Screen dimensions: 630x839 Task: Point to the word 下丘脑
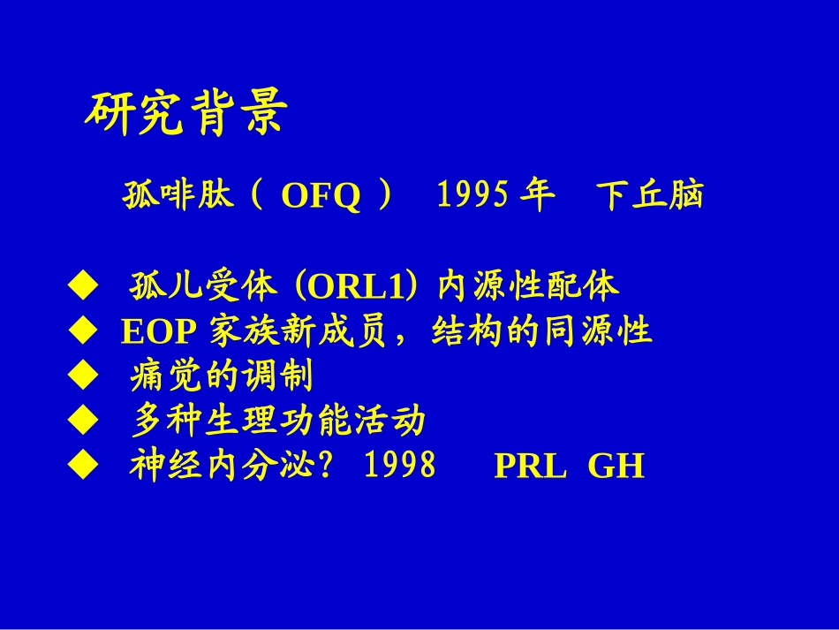[x=649, y=195]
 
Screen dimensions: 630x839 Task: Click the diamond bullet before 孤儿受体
[x=80, y=285]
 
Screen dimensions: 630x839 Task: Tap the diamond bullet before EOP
[x=80, y=331]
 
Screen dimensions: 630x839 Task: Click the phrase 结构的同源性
[x=541, y=331]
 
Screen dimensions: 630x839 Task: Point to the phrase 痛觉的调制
[x=222, y=377]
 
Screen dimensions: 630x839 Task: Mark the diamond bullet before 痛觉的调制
[x=80, y=377]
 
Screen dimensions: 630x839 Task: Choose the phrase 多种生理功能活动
[x=278, y=421]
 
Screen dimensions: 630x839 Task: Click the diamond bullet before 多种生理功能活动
[x=80, y=421]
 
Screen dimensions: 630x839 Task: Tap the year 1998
[x=400, y=466]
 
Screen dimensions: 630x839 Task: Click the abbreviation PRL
[x=530, y=467]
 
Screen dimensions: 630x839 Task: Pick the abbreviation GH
[x=616, y=467]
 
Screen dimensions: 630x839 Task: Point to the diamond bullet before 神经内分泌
[x=80, y=466]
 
